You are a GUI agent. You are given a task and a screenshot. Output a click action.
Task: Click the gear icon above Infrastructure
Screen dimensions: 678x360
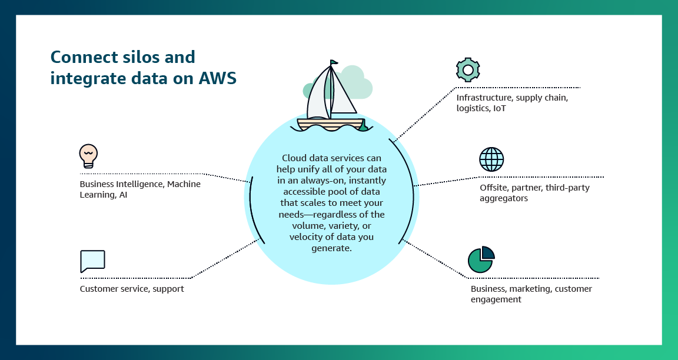(468, 69)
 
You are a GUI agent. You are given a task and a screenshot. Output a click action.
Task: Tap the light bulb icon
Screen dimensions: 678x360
(88, 156)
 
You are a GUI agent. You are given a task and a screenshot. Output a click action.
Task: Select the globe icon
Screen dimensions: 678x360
(491, 159)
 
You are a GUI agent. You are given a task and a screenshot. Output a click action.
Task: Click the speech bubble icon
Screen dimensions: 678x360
(92, 261)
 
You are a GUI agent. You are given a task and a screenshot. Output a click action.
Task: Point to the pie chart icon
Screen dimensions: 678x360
(481, 259)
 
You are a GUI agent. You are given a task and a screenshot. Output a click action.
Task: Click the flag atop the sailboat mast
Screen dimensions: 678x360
(334, 63)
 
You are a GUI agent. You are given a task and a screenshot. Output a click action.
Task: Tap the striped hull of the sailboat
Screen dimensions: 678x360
(330, 125)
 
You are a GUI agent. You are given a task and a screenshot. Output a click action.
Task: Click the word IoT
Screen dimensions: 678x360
(500, 108)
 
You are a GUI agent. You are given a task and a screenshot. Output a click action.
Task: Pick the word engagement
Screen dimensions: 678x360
(496, 299)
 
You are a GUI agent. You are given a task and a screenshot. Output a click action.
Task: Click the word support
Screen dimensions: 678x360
(168, 289)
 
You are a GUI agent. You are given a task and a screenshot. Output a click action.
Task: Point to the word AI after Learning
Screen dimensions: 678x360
(123, 195)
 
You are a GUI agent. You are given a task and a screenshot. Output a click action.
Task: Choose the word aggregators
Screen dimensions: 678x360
(504, 198)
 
